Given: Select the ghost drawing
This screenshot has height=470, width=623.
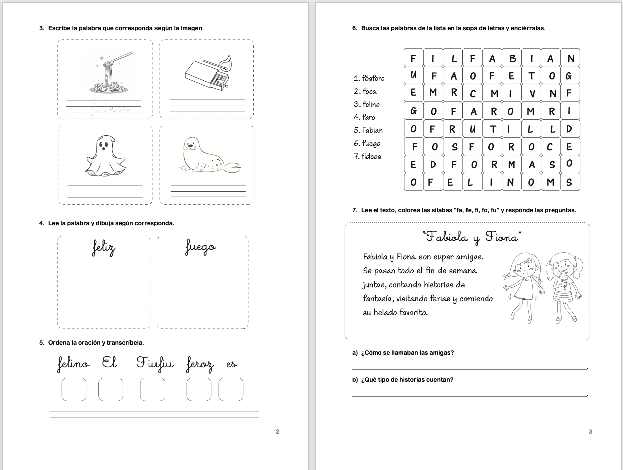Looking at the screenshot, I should coord(104,157).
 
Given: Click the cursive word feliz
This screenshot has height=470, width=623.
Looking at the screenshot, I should coord(104,248).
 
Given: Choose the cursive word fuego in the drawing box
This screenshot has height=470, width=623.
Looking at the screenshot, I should coord(201,248).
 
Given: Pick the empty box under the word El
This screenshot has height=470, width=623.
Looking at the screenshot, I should coord(111,389).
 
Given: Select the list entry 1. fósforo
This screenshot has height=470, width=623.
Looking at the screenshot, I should coord(369,78).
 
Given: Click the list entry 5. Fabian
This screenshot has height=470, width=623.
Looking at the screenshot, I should coord(368,130).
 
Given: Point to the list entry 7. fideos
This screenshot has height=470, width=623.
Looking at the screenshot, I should coord(367,156).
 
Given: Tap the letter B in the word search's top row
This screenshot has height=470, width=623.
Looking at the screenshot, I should coord(512,59).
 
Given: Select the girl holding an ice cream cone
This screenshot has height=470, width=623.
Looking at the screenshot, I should coord(563,287).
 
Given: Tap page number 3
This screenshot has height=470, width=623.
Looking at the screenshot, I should coord(590,432).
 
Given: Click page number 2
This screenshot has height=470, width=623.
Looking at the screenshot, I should coord(277,432).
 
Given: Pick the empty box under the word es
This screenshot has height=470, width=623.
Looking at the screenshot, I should coord(231,389).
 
